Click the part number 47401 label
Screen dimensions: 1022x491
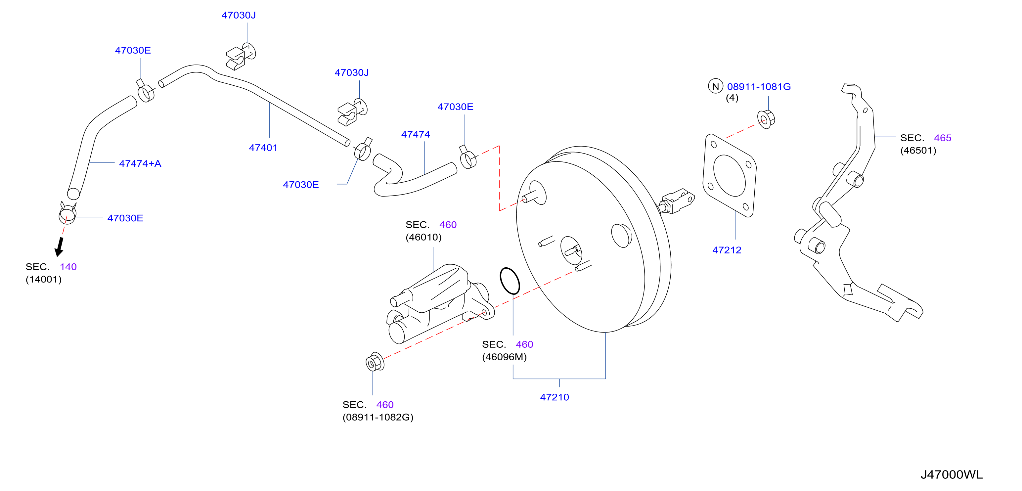[x=263, y=148]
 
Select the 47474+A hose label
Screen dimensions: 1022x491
[x=140, y=163]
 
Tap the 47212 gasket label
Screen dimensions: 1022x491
[x=727, y=250]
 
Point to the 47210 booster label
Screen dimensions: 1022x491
[x=554, y=397]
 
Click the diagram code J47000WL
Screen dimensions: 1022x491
[x=952, y=474]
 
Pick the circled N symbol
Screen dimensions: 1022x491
[x=715, y=86]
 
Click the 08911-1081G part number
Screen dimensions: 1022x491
[x=759, y=86]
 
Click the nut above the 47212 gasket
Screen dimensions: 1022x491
[x=766, y=119]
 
